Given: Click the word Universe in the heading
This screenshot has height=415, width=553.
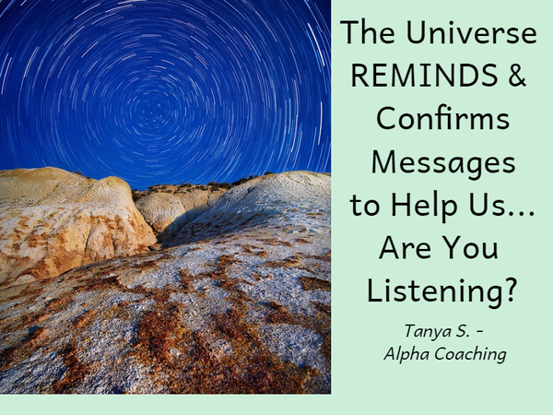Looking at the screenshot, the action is click(x=472, y=32).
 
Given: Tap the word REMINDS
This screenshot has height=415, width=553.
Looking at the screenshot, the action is click(x=425, y=76).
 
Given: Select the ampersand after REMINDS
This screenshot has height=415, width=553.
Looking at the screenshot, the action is click(x=517, y=76).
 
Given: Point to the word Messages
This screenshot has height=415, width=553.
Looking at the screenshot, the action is click(x=443, y=162).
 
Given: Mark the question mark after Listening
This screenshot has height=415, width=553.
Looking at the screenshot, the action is click(x=509, y=290).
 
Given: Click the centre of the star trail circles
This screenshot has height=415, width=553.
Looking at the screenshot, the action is click(x=152, y=113).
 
